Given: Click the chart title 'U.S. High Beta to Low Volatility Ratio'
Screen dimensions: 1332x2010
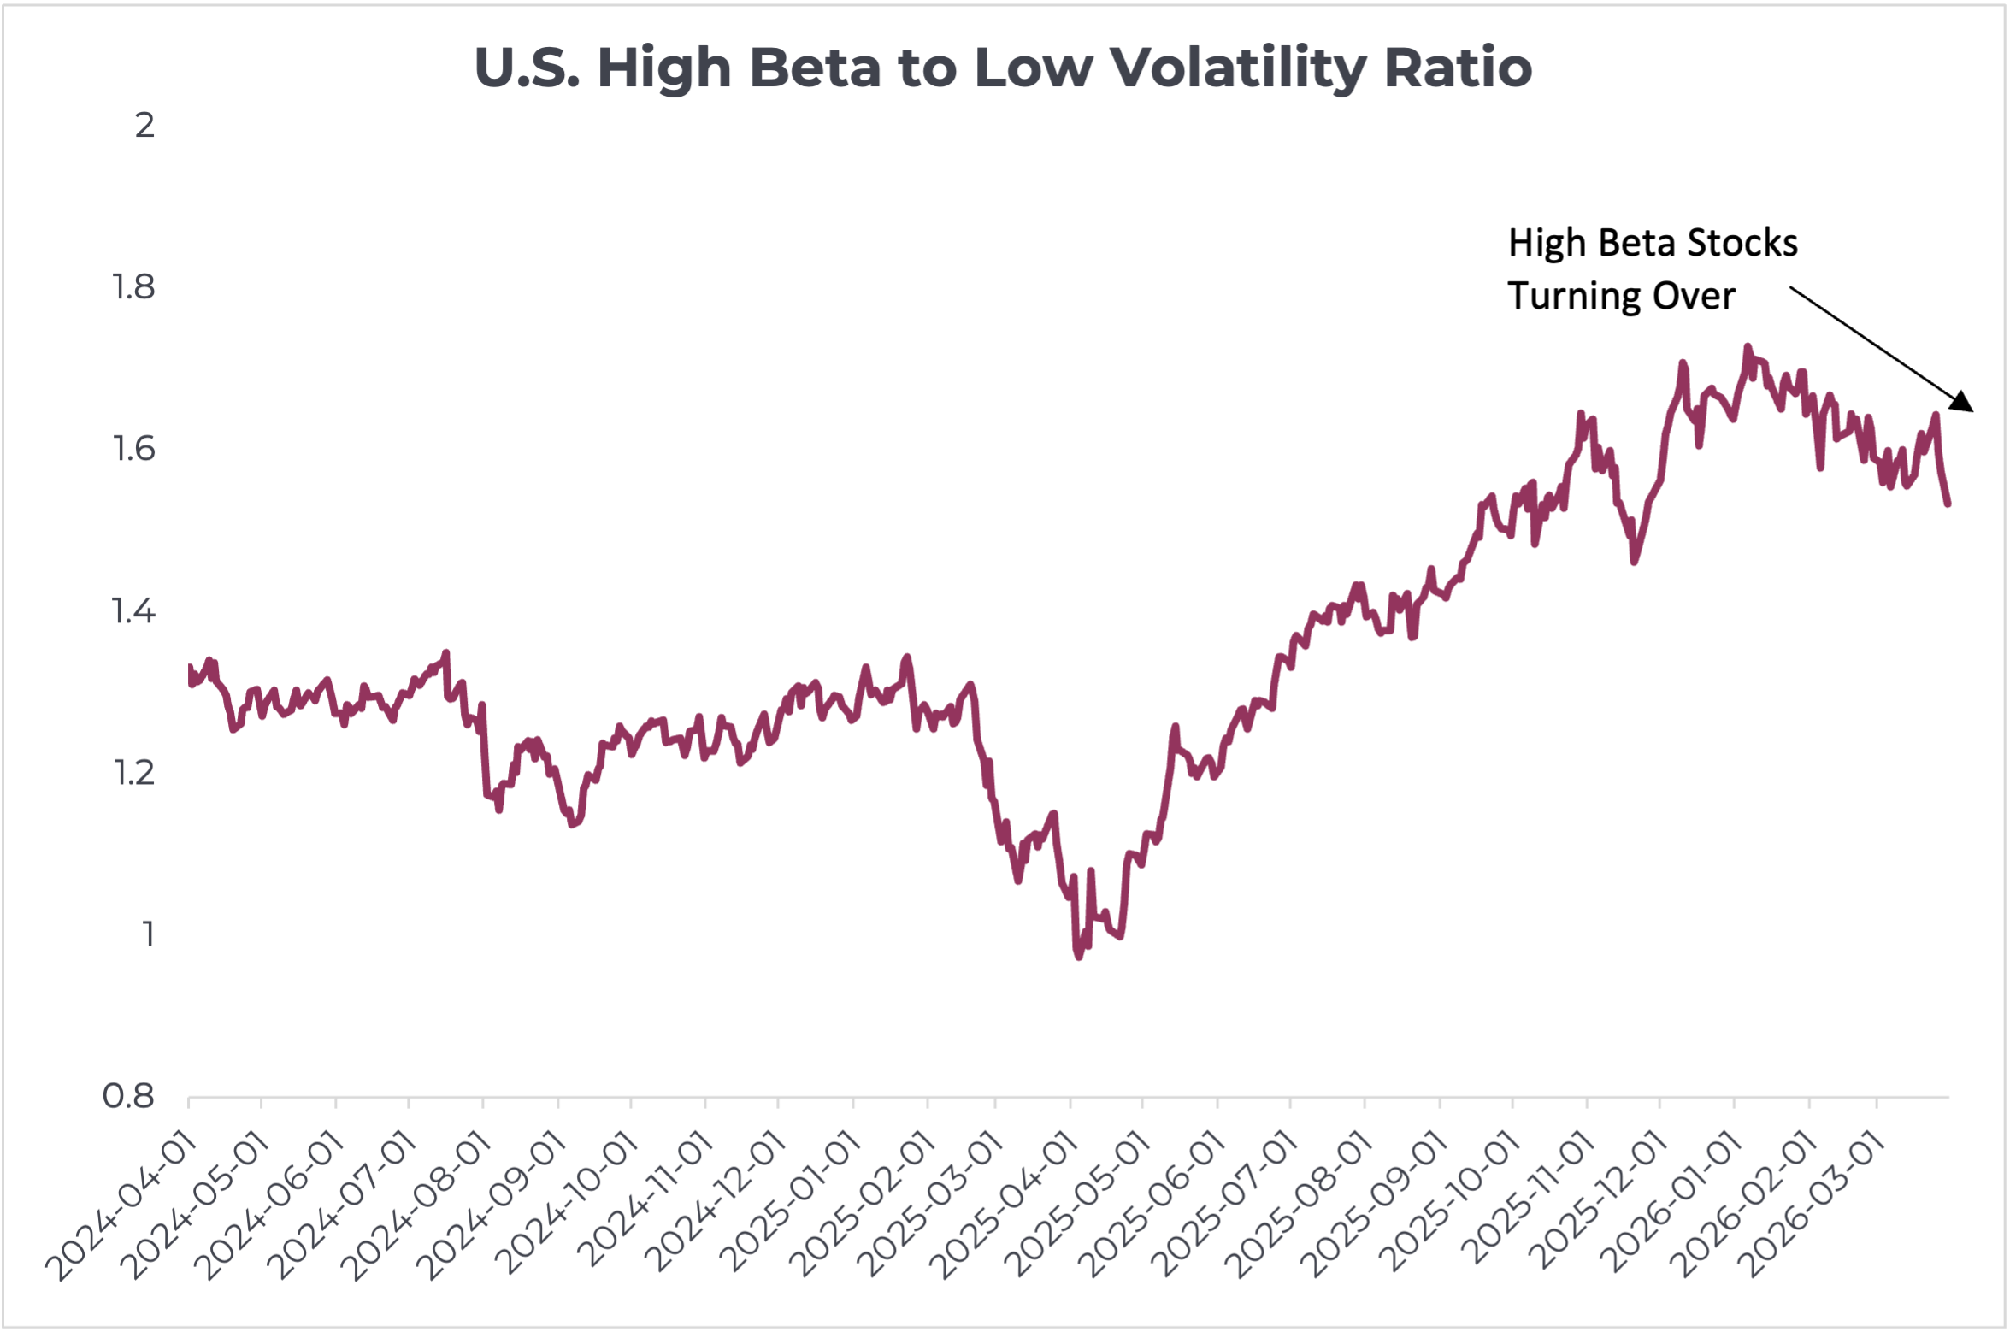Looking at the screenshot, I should pos(1003,68).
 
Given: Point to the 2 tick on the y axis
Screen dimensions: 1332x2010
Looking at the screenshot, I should pos(144,126).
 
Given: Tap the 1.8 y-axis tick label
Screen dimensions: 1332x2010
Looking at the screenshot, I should pos(134,288).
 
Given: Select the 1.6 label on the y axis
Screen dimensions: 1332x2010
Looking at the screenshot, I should pos(134,450).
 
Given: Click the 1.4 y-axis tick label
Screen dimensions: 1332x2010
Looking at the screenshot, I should pos(134,612).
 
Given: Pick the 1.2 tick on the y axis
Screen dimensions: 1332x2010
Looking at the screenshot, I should pos(134,774).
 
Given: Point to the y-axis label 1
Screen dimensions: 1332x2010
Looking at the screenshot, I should pos(148,935).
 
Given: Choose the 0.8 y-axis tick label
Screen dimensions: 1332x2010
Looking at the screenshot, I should pos(129,1097).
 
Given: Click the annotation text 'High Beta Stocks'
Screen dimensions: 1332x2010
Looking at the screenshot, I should pos(1653,244).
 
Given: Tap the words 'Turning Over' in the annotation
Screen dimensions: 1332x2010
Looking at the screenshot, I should pos(1621,297).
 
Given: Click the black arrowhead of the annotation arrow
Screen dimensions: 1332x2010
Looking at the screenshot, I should pos(1963,403).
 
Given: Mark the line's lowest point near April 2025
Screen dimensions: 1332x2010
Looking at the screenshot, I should pos(1079,956).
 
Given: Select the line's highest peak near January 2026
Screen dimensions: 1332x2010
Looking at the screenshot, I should pos(1748,347).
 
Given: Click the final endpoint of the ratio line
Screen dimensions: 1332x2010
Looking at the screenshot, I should pos(1948,504).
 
